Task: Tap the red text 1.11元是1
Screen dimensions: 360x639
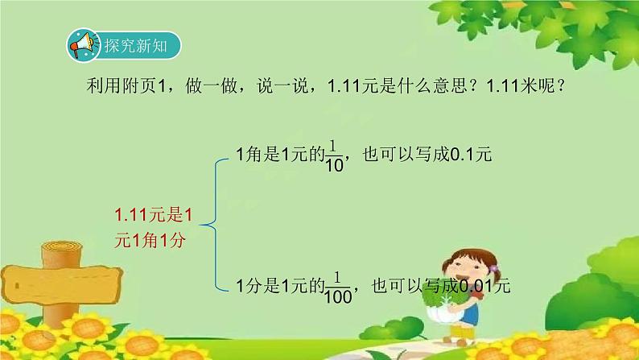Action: coord(155,215)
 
